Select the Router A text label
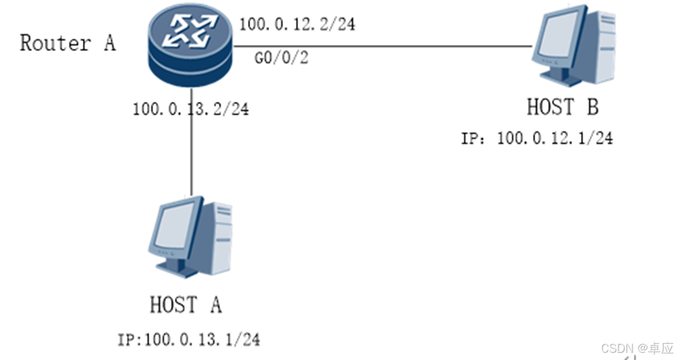pos(67,44)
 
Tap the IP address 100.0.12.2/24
pos(297,25)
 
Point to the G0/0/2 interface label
pos(281,59)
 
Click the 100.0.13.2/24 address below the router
pos(190,108)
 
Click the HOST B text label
pos(562,106)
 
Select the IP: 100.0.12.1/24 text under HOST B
pos(536,138)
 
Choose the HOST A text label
pos(186,304)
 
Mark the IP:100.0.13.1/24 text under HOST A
pos(189,339)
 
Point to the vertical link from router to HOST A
pos(192,157)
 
